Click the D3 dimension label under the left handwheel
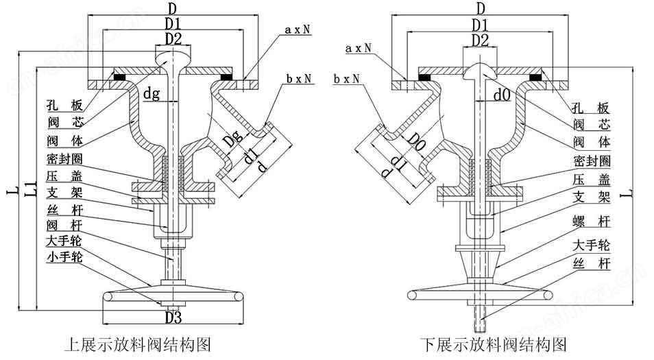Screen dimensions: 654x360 point(173,318)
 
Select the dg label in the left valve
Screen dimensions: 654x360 point(152,94)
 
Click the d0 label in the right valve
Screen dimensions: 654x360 point(502,95)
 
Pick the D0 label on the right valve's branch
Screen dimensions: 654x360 point(416,143)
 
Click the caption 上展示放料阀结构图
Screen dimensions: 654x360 point(138,345)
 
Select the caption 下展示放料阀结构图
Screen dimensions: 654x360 point(494,345)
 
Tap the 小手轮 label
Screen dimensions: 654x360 point(64,257)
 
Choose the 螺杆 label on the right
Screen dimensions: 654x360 point(592,221)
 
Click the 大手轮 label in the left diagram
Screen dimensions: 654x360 point(64,241)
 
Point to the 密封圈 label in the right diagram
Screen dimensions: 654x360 point(592,160)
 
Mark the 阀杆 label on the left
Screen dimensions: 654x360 point(64,226)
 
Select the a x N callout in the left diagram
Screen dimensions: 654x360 point(298,29)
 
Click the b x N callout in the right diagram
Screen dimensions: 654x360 point(346,78)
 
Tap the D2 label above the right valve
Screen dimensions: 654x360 point(480,40)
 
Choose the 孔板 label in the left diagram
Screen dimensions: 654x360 point(65,106)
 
